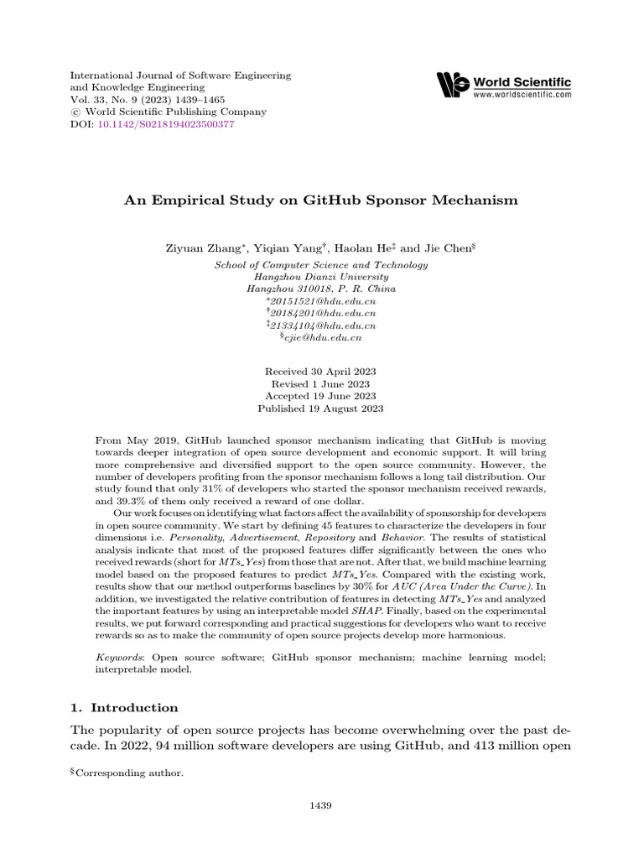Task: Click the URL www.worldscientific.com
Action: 523,96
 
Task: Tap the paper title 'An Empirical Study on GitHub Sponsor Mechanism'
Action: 321,200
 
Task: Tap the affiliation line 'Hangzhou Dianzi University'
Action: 321,277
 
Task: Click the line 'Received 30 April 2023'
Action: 321,372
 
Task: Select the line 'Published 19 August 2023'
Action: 321,409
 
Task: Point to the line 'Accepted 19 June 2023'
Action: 321,396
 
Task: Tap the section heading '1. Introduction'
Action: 123,707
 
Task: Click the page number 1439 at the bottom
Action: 321,806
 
